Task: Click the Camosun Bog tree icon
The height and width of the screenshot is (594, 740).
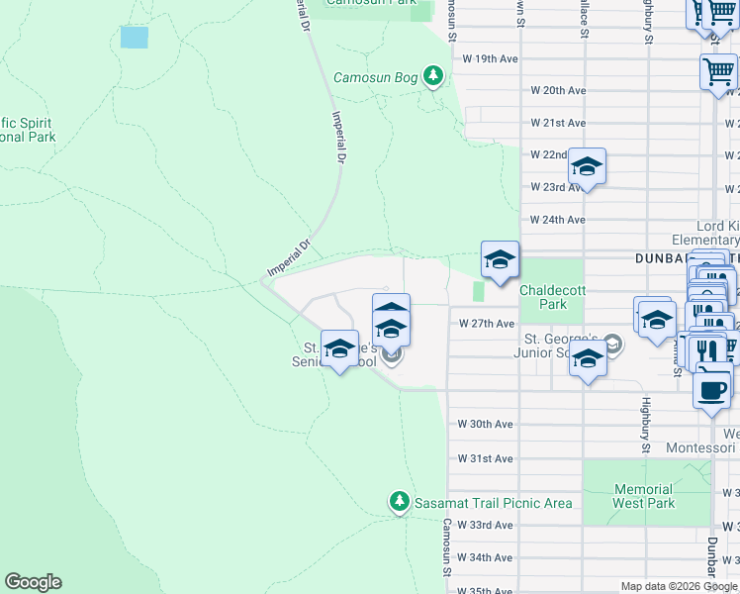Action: coord(432,75)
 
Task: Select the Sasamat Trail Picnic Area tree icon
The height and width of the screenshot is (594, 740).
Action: coord(399,502)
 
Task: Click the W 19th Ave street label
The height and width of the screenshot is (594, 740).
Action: coord(491,58)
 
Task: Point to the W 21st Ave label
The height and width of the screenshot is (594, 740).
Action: coord(558,123)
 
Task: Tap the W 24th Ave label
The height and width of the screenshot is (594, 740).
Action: coord(558,220)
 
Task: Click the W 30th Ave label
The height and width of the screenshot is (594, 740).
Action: coord(485,424)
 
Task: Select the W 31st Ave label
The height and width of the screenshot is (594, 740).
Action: coord(485,458)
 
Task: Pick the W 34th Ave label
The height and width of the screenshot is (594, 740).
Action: coord(485,558)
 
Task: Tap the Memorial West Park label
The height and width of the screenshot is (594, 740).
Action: coord(643,496)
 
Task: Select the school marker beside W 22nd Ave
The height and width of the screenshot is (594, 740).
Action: coord(587,167)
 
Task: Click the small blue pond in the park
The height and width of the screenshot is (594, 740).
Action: coord(134,38)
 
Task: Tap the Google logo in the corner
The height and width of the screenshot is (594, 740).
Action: coord(33,582)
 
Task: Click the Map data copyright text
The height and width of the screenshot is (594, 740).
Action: coord(680,587)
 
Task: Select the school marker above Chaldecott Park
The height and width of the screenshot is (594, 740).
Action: coord(500,260)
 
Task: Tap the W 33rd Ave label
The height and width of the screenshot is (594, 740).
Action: coord(485,525)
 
